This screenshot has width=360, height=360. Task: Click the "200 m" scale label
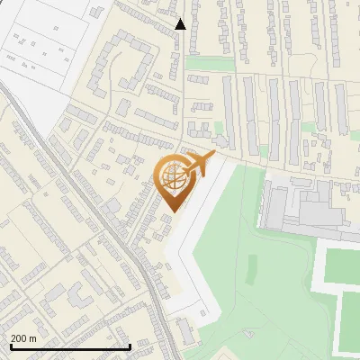point(24,338)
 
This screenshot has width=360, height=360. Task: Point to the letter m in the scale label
point(33,338)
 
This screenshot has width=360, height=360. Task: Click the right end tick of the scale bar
point(130,345)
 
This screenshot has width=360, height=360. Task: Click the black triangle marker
point(181,24)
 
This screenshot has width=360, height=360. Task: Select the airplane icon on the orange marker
point(200,165)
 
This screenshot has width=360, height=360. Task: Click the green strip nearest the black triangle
point(206,64)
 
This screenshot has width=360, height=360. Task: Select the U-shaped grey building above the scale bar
point(73,296)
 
